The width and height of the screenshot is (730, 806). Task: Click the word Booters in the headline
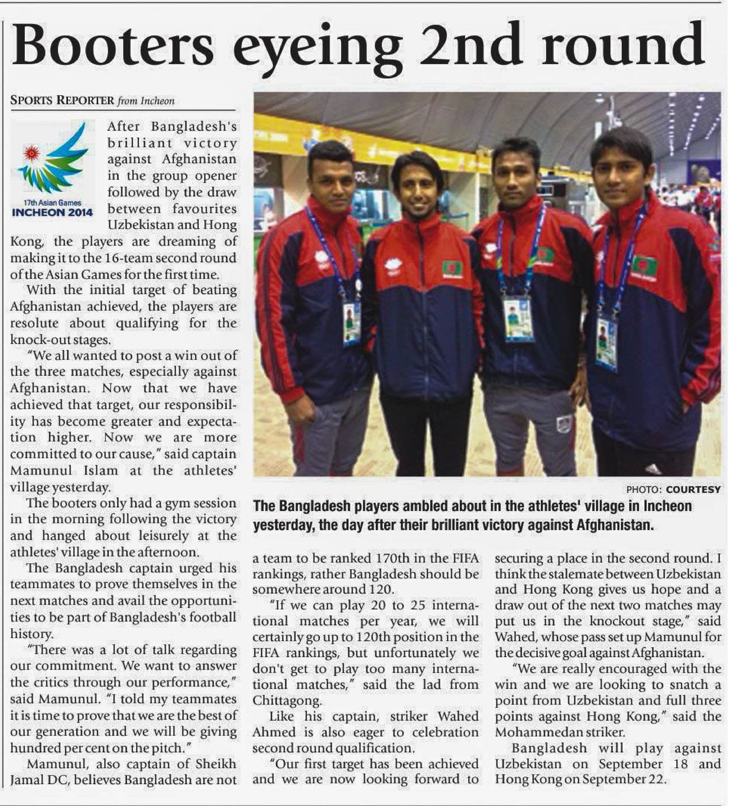pyautogui.click(x=112, y=44)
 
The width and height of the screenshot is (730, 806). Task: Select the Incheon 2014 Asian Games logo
pyautogui.click(x=52, y=169)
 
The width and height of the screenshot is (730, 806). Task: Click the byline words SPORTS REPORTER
pyautogui.click(x=62, y=100)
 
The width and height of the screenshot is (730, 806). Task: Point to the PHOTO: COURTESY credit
pyautogui.click(x=673, y=489)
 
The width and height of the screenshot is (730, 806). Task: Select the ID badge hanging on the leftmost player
pyautogui.click(x=352, y=323)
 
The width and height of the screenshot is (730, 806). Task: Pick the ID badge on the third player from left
pyautogui.click(x=518, y=318)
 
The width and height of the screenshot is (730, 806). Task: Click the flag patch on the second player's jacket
pyautogui.click(x=453, y=268)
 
